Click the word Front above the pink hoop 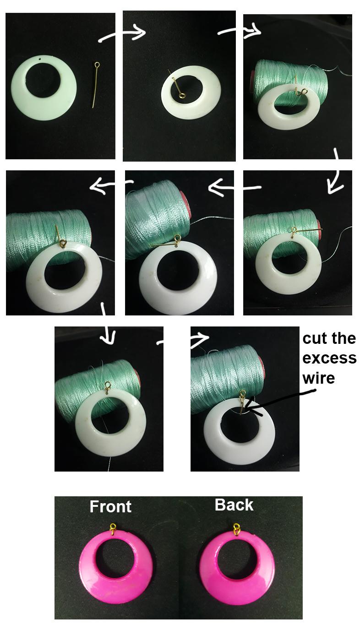[x=110, y=506]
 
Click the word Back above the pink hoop [x=234, y=505]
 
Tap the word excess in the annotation [x=329, y=358]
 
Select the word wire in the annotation [x=318, y=378]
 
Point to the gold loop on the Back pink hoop [x=236, y=529]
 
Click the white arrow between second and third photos [x=239, y=31]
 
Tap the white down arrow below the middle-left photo [x=106, y=327]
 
